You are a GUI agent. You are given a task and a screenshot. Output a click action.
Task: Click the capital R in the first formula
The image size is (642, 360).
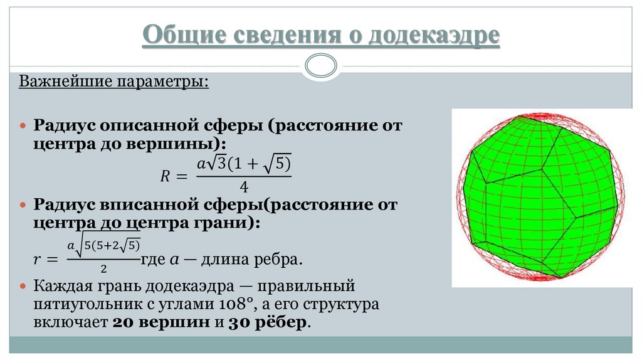(x=166, y=177)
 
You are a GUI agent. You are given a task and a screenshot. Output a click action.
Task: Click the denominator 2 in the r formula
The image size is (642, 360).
(x=102, y=268)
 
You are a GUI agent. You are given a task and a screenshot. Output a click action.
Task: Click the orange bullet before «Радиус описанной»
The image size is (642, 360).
(x=24, y=125)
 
